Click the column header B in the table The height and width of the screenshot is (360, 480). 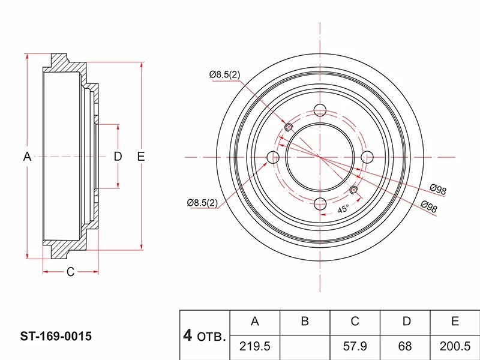click(x=305, y=322)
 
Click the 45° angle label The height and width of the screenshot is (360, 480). click(x=343, y=209)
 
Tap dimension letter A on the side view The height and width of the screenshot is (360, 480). click(x=27, y=157)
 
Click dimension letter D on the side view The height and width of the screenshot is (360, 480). click(x=118, y=157)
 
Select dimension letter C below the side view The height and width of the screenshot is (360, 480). click(x=70, y=272)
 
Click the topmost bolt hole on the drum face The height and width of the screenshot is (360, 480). click(x=320, y=111)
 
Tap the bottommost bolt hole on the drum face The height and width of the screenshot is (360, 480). click(x=320, y=203)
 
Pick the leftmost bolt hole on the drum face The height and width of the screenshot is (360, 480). click(x=273, y=157)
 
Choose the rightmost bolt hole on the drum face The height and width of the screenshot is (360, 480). click(x=366, y=157)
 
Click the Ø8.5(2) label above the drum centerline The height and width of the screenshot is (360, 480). click(x=224, y=74)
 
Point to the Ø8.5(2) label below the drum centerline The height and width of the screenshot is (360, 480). click(x=202, y=203)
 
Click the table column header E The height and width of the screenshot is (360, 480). click(x=455, y=322)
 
